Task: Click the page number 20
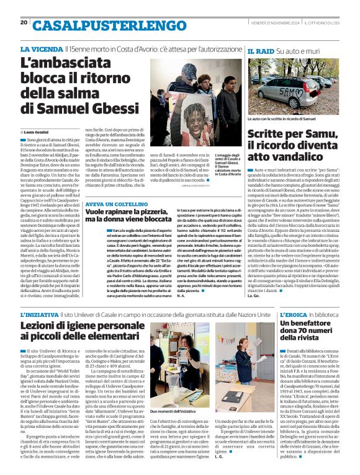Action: coord(24,23)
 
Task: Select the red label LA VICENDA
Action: coord(41,49)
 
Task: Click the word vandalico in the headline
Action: coord(289,157)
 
